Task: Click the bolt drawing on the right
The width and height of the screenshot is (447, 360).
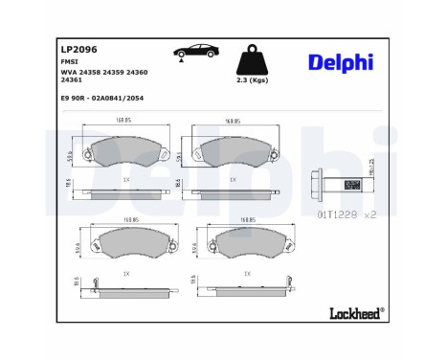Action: [x=330, y=182]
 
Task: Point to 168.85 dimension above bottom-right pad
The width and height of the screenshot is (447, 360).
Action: [x=246, y=219]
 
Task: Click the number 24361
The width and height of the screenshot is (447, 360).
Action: [x=71, y=81]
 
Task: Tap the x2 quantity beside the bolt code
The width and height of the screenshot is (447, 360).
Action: [x=370, y=216]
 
